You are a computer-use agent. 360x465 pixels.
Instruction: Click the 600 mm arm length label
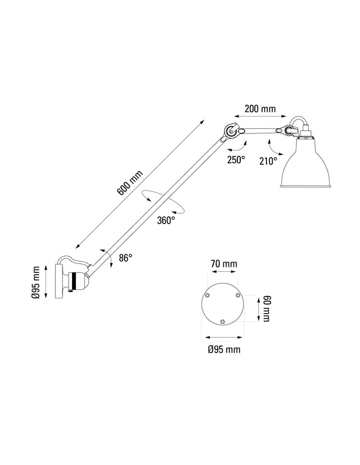point(130,182)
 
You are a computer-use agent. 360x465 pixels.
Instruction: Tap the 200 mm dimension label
point(260,109)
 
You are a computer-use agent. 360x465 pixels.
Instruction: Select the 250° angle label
point(236,159)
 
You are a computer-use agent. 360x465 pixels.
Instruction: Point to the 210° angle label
point(268,161)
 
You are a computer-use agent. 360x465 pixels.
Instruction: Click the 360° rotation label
point(166,220)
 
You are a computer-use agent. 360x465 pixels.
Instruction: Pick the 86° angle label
point(125,258)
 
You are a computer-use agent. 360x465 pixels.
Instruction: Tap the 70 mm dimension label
point(224,263)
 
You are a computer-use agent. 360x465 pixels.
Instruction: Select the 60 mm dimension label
point(266,308)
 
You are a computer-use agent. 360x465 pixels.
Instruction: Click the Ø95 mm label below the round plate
point(224,350)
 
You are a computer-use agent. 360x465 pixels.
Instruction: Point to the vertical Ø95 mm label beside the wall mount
point(36,283)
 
